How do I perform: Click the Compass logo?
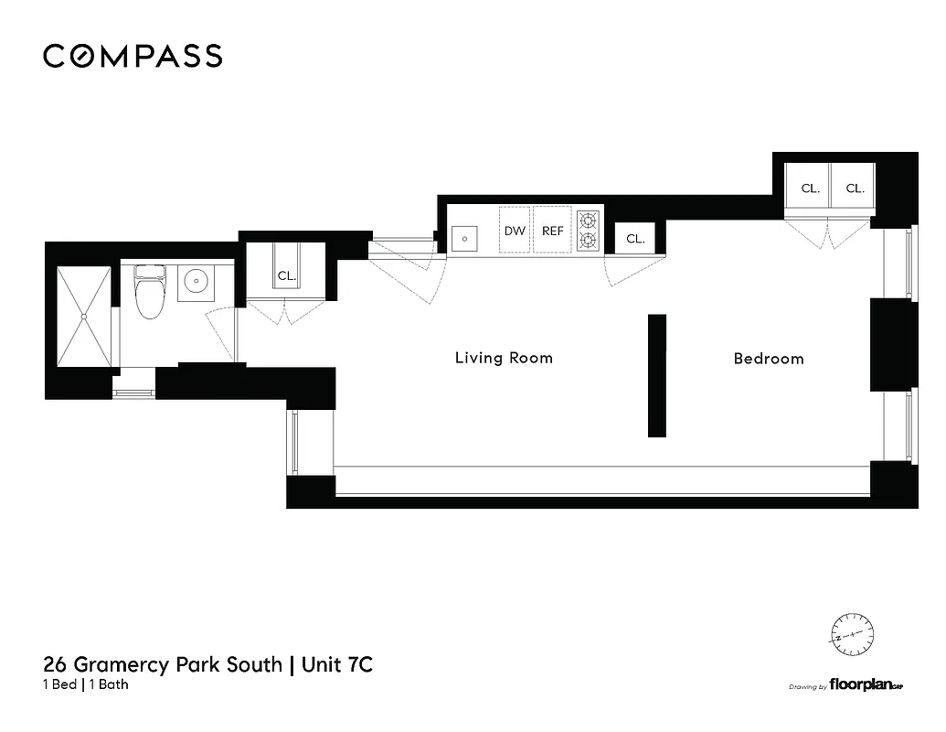[x=133, y=56]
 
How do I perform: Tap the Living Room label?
[x=504, y=358]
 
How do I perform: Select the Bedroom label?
[x=769, y=359]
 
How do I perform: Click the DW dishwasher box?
[x=515, y=231]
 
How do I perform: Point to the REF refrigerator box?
[x=553, y=231]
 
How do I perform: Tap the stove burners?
[x=588, y=231]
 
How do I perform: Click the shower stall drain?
[x=83, y=316]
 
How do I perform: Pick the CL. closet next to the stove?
[x=635, y=240]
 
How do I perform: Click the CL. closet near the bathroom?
[x=286, y=275]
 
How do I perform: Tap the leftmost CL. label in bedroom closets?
[x=810, y=189]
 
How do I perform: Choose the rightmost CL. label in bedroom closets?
[x=855, y=189]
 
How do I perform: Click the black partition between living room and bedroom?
[x=657, y=375]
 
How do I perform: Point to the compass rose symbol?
[x=851, y=634]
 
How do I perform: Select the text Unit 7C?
[x=335, y=665]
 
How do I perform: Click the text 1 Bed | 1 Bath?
[x=86, y=685]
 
